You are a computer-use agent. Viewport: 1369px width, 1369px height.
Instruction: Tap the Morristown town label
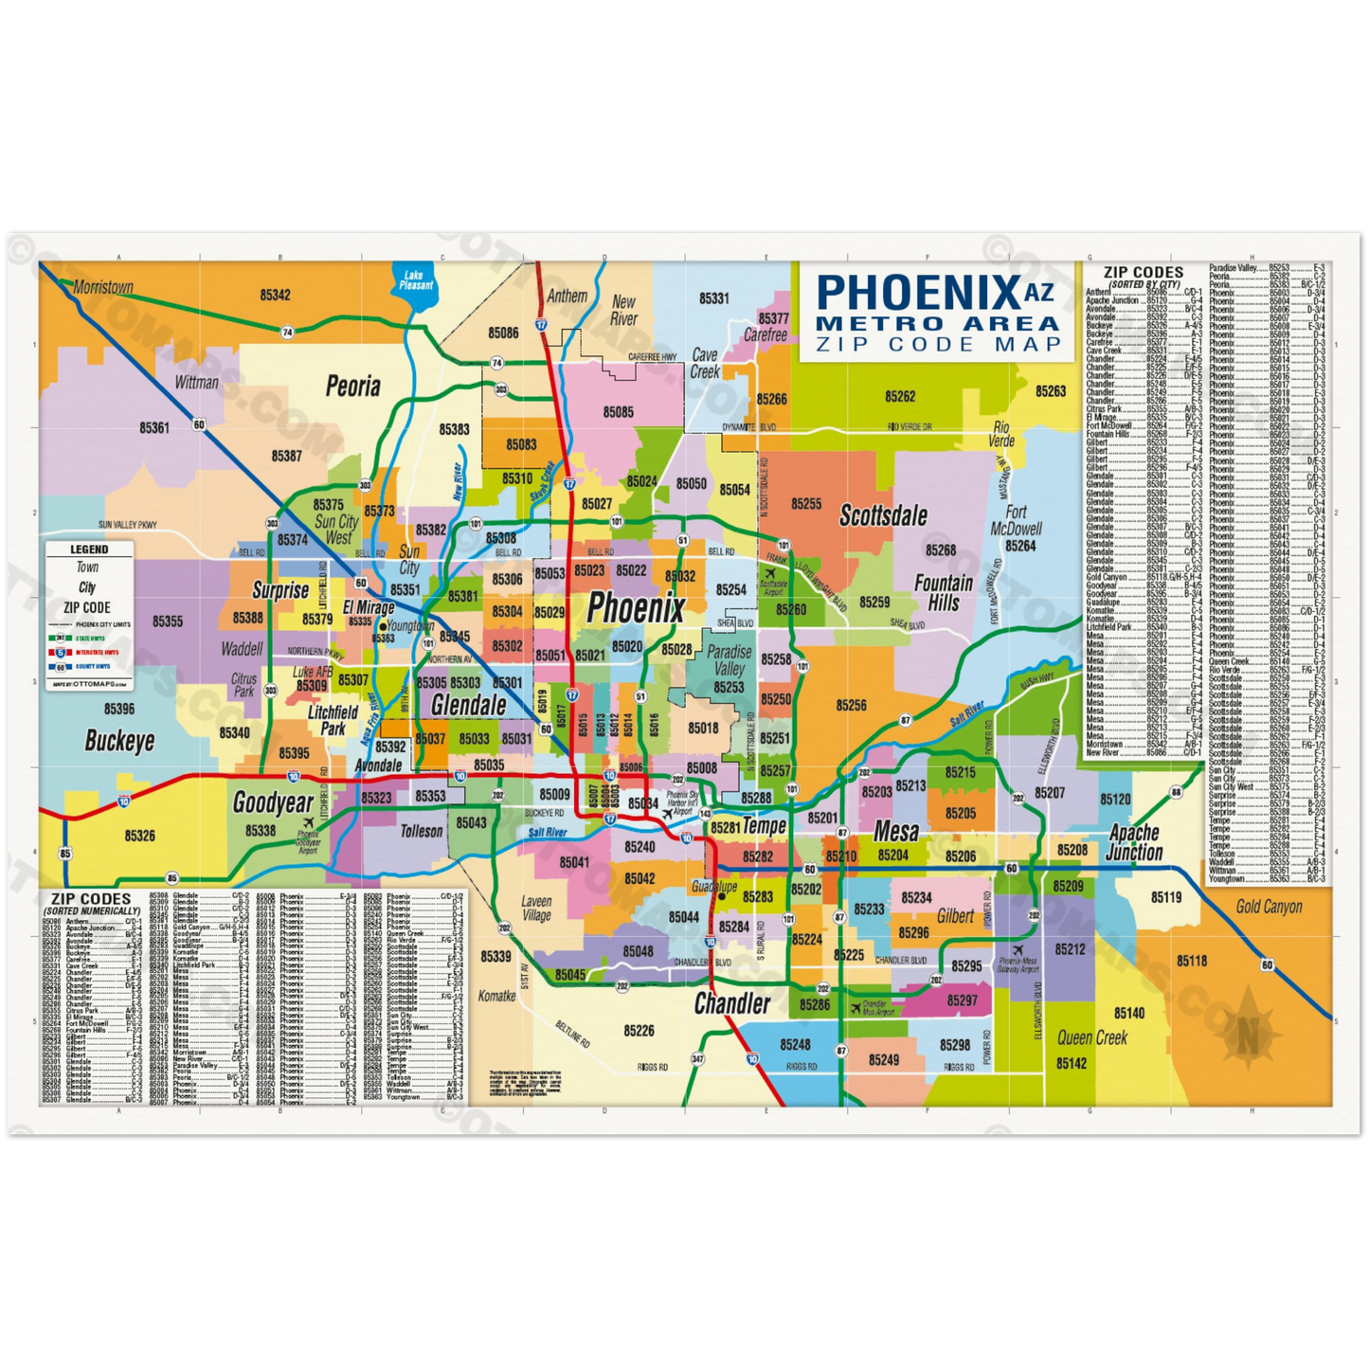click(x=103, y=287)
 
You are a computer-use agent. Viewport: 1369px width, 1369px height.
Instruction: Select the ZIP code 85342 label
click(x=275, y=295)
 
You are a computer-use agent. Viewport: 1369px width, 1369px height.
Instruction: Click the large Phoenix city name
click(x=635, y=608)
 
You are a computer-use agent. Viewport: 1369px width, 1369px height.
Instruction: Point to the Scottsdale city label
click(x=884, y=516)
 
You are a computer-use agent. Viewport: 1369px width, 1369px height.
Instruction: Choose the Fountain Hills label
click(x=944, y=593)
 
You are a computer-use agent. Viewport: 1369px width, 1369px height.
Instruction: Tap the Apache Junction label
click(x=1134, y=842)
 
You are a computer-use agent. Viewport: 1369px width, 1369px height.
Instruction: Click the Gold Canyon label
click(x=1269, y=907)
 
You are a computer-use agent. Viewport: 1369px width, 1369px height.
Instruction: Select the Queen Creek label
click(x=1092, y=1037)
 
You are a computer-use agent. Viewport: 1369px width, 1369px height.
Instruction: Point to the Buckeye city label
click(x=119, y=740)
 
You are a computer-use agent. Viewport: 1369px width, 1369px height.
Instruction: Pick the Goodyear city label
click(x=273, y=803)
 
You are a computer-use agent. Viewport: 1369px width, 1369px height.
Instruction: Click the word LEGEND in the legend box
click(x=89, y=549)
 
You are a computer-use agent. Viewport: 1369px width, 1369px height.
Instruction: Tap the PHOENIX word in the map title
click(x=916, y=293)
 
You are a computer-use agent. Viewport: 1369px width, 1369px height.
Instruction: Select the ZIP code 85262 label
click(x=900, y=396)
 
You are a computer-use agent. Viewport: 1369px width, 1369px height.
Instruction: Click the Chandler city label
click(x=732, y=1003)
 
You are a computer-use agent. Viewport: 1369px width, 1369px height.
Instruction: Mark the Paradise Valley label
click(x=730, y=660)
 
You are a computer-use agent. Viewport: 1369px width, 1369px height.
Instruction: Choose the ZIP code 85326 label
click(x=139, y=836)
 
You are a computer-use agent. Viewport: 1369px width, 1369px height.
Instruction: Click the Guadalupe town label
click(x=714, y=887)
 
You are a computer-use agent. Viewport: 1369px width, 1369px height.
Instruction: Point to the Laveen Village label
click(x=536, y=909)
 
